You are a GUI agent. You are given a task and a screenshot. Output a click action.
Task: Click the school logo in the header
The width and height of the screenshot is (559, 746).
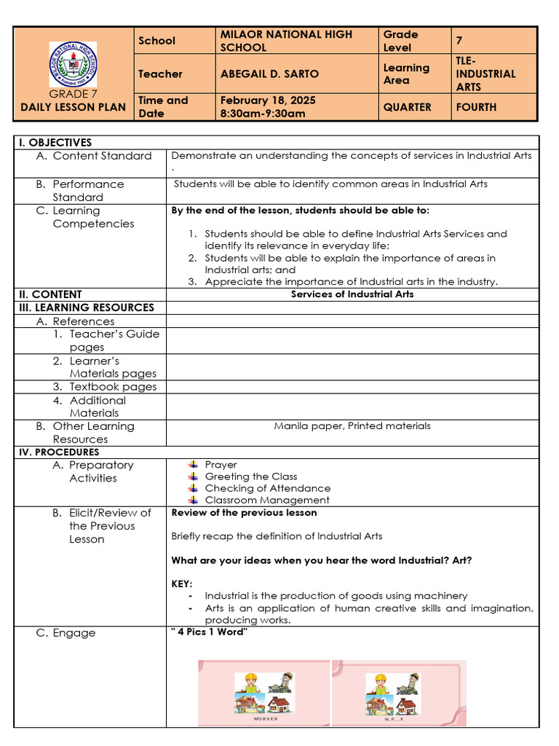point(73,64)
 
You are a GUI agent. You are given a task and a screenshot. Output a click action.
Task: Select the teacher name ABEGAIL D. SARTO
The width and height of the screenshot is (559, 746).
point(269,74)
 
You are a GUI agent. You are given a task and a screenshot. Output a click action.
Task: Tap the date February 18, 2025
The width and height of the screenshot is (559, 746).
point(268,101)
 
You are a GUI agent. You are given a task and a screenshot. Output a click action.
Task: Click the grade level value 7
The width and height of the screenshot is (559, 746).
point(459,41)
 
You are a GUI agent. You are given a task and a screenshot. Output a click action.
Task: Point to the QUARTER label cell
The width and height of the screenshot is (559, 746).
point(407,107)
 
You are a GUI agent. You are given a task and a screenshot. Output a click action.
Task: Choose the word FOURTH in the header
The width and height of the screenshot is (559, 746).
point(476,107)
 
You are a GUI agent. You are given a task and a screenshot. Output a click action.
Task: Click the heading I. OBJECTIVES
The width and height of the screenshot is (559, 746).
point(55,143)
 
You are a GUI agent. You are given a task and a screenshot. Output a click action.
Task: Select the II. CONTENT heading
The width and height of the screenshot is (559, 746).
point(50,294)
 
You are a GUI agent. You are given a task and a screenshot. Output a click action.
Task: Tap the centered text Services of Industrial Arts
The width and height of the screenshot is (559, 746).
point(352,294)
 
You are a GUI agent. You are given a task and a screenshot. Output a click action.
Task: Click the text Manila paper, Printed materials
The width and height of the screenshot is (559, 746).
point(352,426)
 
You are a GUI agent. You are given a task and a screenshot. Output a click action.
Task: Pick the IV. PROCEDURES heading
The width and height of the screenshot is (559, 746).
point(58,452)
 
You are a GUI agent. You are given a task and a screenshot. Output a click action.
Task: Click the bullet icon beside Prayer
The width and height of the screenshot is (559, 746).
point(193,465)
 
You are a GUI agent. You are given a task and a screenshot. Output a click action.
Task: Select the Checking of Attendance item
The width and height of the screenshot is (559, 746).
point(267,488)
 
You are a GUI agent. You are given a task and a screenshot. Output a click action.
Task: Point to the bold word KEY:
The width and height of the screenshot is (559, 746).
point(182,584)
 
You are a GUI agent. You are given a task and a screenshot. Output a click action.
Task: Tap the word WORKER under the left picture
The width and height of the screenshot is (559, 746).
point(265,718)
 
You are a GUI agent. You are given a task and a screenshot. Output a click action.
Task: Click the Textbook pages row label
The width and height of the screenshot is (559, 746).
point(112,387)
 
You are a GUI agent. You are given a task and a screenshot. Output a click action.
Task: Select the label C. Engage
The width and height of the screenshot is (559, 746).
point(66,633)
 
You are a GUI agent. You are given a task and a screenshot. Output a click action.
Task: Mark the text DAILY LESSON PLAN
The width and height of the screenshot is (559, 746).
point(73,107)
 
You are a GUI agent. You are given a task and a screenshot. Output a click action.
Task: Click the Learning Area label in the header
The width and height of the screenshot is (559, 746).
point(406,74)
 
